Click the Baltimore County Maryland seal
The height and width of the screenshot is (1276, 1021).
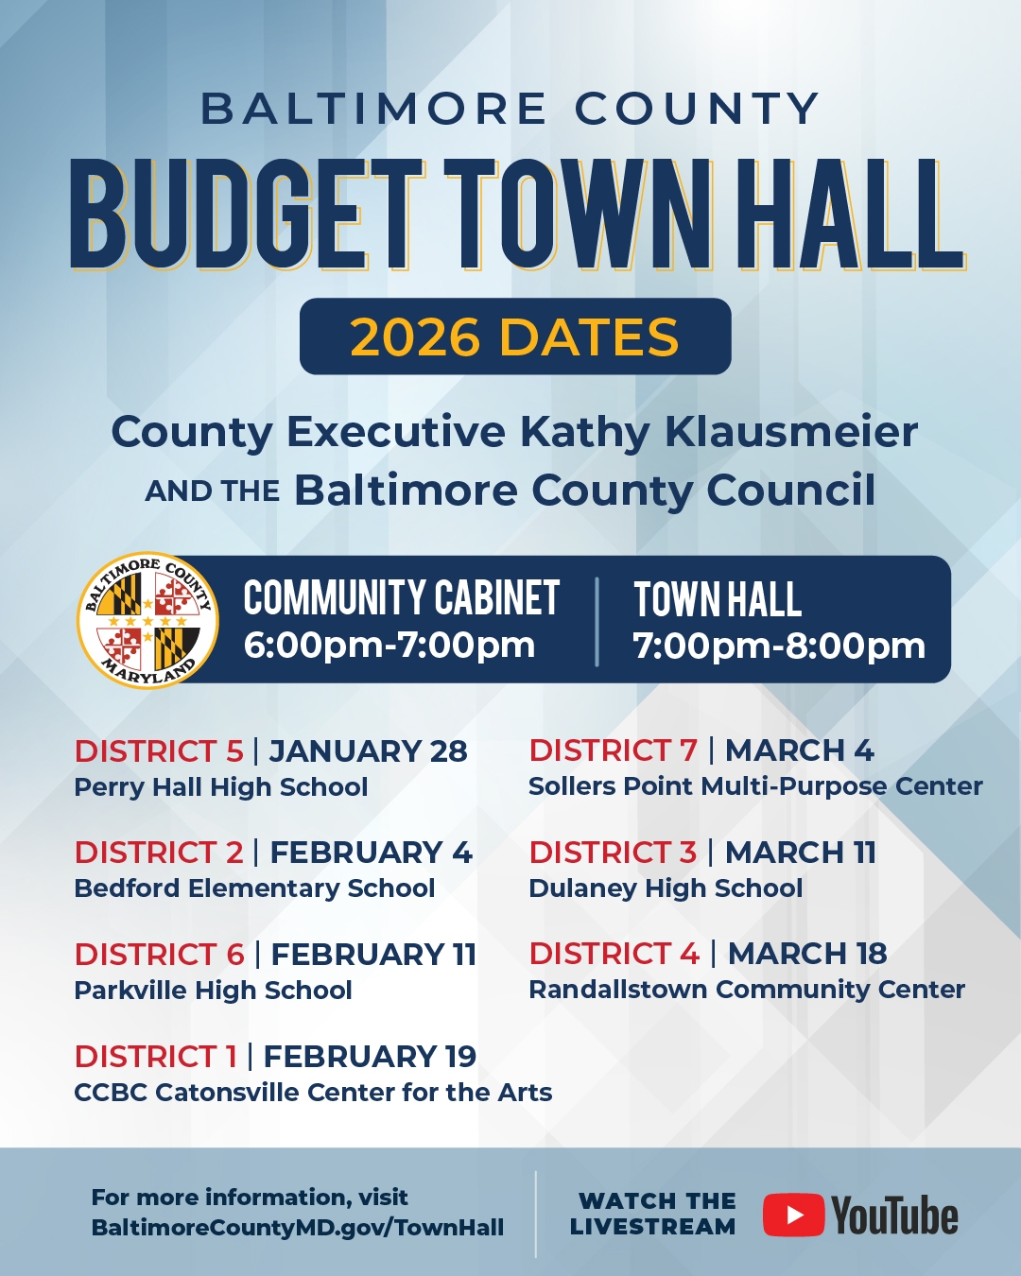click(147, 620)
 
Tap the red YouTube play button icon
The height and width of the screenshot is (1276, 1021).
click(793, 1215)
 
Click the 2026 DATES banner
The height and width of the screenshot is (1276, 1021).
click(515, 336)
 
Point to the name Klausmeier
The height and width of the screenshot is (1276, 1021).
click(791, 432)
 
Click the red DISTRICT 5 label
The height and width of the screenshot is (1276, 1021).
click(159, 750)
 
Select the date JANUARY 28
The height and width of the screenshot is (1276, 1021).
click(369, 750)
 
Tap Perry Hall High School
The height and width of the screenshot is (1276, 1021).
click(221, 787)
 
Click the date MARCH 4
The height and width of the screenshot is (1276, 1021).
click(800, 750)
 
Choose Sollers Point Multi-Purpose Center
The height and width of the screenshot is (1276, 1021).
click(755, 786)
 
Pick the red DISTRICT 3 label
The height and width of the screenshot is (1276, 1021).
click(613, 852)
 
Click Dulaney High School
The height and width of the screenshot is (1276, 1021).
click(666, 888)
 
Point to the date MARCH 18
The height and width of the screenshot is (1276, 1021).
click(807, 954)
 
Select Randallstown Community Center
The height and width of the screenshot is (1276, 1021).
click(747, 990)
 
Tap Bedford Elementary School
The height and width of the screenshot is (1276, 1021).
click(254, 888)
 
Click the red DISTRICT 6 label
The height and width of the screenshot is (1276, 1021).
click(160, 954)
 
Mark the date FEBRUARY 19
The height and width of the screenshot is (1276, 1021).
click(370, 1056)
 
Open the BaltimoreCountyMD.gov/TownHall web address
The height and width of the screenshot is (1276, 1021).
click(298, 1227)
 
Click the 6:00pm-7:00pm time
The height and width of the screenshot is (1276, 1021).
click(389, 646)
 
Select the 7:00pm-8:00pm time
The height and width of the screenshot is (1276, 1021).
click(779, 646)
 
